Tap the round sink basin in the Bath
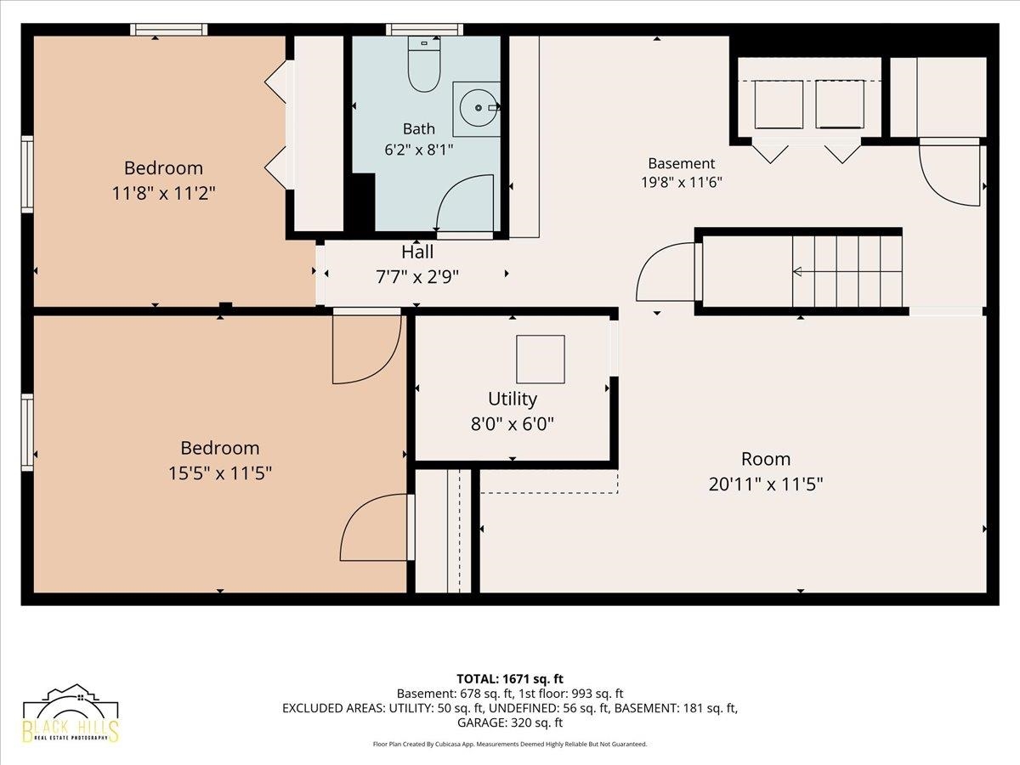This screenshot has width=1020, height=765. point(479,108)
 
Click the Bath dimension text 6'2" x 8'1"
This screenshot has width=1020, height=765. point(419,150)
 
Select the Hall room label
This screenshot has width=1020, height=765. point(417,252)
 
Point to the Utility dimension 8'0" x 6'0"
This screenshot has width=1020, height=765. point(512,424)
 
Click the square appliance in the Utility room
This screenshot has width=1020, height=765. point(541,359)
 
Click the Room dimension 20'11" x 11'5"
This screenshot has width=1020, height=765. point(765,484)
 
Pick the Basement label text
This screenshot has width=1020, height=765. point(681,163)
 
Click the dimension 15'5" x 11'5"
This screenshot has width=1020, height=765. point(220,473)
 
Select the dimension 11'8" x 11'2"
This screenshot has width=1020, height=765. point(163,193)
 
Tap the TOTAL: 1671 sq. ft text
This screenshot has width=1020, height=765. point(510,679)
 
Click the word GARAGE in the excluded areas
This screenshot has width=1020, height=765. point(482,722)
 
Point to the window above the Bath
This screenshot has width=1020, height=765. point(424,29)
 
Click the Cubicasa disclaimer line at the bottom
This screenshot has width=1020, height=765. point(510,744)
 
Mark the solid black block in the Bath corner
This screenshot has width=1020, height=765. point(360,202)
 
